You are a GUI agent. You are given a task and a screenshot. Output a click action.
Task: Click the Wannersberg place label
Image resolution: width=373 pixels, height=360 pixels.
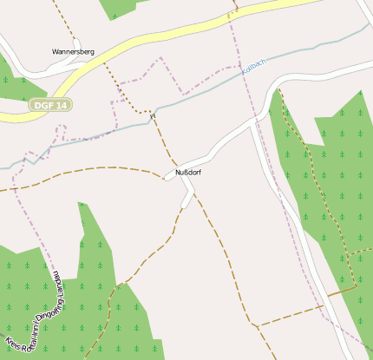73,51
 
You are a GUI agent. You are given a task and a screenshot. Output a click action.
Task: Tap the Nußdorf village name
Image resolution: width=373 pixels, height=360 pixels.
188,173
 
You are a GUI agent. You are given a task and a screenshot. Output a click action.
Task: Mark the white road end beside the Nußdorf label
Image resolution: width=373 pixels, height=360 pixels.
167,177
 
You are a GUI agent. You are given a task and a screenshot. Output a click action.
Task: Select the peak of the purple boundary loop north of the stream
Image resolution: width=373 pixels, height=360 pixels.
160,59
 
